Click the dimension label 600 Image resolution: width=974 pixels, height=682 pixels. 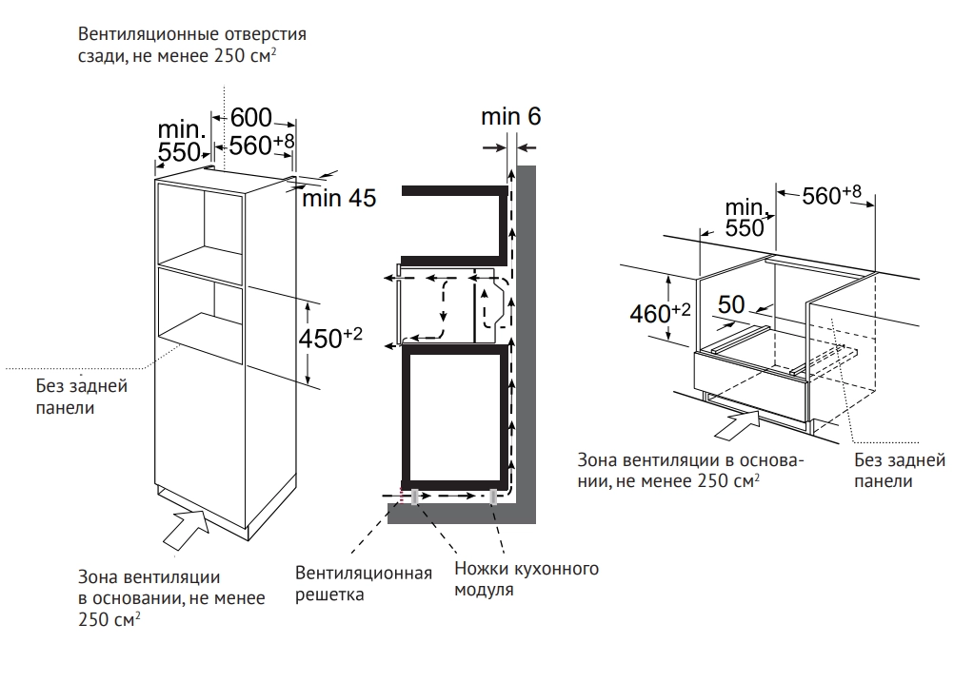click(250, 117)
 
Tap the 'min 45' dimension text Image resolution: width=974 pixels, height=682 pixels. click(339, 199)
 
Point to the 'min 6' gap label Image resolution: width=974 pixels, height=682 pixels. click(510, 117)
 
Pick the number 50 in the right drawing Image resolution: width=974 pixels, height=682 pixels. click(730, 304)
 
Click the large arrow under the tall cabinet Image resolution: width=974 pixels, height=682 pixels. click(187, 527)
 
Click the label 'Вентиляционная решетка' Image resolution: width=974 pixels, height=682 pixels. click(363, 583)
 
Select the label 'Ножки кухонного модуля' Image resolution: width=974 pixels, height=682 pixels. click(526, 579)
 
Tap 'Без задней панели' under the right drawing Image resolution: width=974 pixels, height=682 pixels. click(899, 470)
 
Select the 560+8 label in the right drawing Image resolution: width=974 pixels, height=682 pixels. click(831, 196)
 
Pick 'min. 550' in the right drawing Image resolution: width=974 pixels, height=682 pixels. click(745, 218)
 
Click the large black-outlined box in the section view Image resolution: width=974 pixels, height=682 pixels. click(454, 416)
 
